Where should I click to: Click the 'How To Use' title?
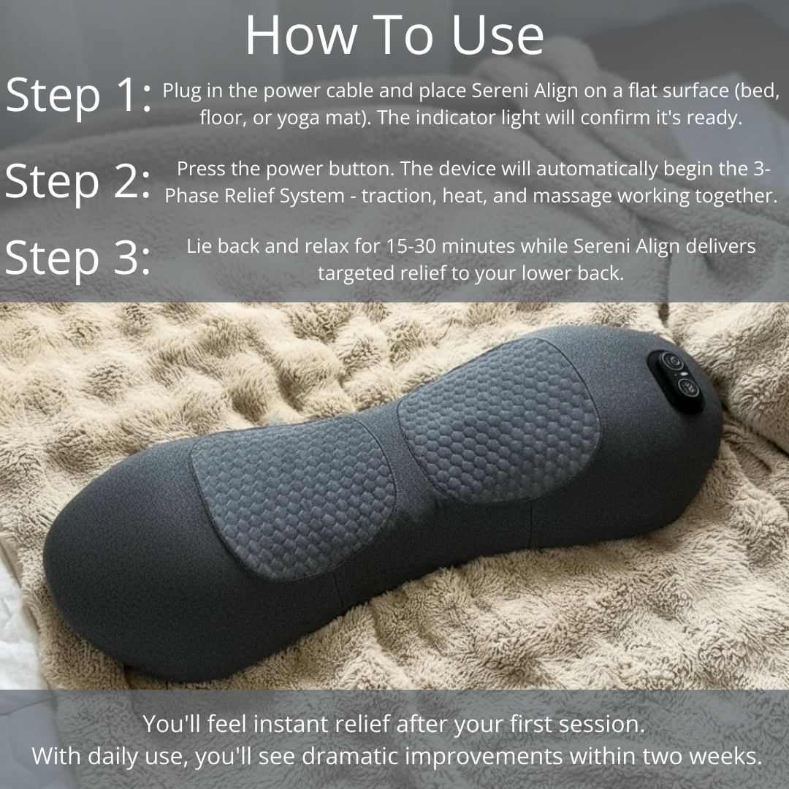pyautogui.click(x=394, y=35)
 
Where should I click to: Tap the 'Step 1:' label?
pyautogui.click(x=78, y=96)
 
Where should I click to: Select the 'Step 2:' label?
pyautogui.click(x=77, y=182)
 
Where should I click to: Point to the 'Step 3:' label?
pyautogui.click(x=77, y=259)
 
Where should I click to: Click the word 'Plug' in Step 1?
pyautogui.click(x=182, y=91)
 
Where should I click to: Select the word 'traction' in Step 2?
pyautogui.click(x=397, y=196)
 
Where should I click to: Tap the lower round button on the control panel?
pyautogui.click(x=687, y=387)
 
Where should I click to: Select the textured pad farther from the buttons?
pyautogui.click(x=293, y=498)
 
